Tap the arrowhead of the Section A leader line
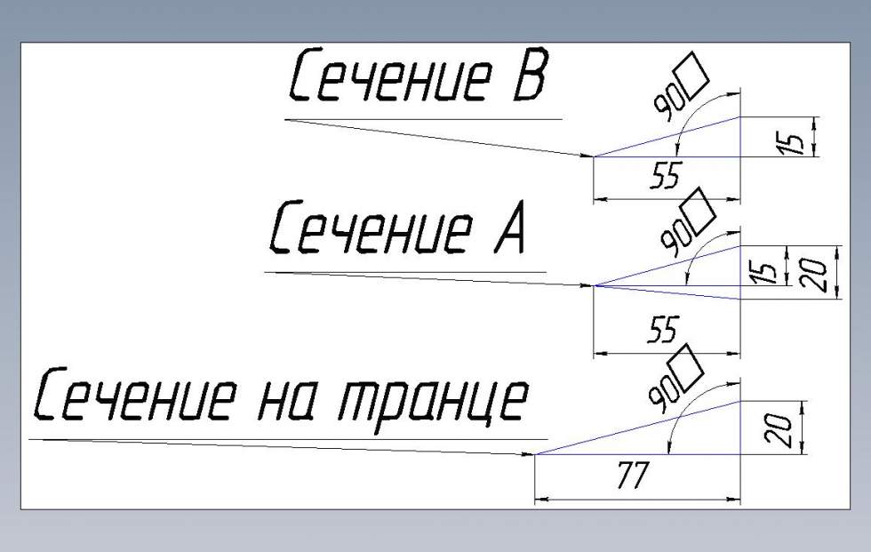point(587,285)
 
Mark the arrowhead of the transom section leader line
point(529,453)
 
